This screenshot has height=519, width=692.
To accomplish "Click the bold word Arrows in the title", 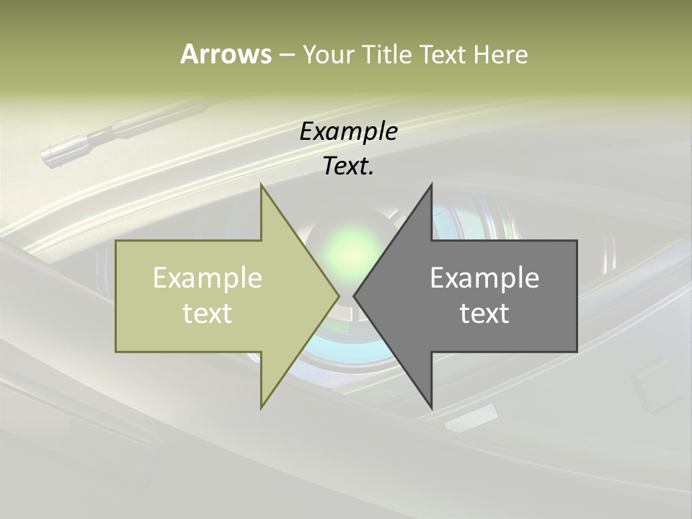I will click(x=226, y=54).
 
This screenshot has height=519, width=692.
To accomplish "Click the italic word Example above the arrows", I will click(x=348, y=131).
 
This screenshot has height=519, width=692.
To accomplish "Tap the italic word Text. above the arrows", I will click(x=348, y=167).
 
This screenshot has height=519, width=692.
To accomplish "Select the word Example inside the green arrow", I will click(x=208, y=278).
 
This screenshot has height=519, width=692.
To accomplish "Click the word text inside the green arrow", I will click(x=208, y=314).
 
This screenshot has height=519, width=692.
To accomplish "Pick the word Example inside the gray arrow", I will click(x=484, y=278).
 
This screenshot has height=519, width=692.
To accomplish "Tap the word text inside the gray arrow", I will click(x=484, y=314).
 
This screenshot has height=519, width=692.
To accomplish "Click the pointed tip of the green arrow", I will click(x=339, y=296).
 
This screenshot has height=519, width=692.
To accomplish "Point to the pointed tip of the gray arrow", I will click(x=354, y=296).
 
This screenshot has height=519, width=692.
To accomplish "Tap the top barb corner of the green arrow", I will click(x=261, y=185).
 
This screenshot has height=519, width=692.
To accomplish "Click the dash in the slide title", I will click(x=286, y=56).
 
